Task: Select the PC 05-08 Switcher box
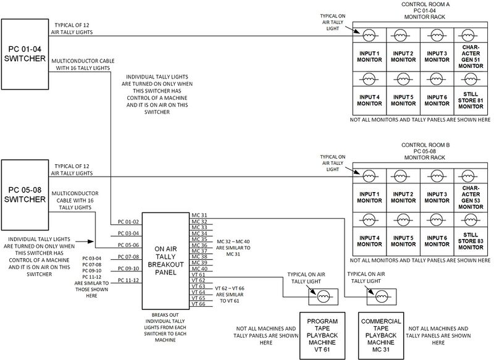(x=25, y=193)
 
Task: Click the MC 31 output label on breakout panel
(x=199, y=216)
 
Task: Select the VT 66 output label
(x=199, y=304)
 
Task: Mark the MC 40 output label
(x=199, y=269)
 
